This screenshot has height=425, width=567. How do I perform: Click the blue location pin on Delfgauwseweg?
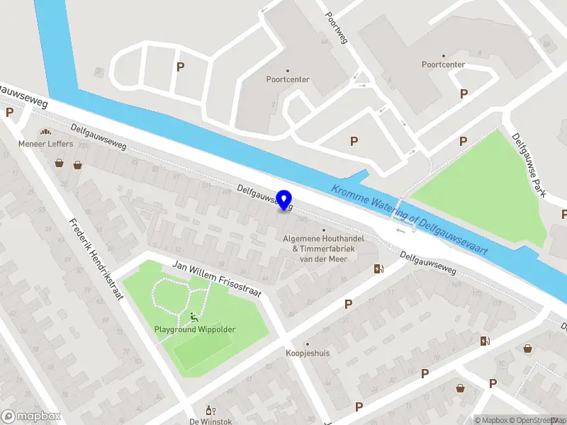284,200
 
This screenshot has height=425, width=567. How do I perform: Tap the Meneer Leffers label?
45,144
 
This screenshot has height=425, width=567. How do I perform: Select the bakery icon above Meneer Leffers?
46,132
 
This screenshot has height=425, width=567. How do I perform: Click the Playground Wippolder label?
195,329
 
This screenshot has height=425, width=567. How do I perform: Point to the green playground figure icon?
193,317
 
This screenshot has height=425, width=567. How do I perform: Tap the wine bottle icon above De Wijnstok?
209,410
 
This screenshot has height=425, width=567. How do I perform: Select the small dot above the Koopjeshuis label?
306,342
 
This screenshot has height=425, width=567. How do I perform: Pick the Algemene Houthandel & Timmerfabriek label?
324,249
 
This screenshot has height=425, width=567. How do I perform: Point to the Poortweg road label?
336,27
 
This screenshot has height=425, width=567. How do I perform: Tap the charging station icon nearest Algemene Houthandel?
379,268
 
